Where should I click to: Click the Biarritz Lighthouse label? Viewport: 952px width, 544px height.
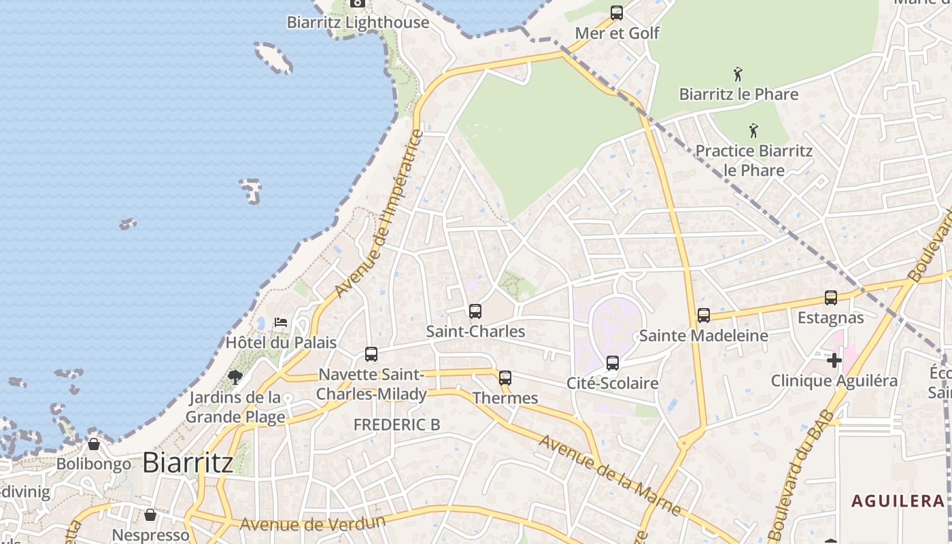(358, 22)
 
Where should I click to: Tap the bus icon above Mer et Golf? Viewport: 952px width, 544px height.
(617, 13)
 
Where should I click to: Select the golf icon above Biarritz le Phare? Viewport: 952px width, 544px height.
(738, 74)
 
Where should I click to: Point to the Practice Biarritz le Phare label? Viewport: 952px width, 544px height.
(753, 160)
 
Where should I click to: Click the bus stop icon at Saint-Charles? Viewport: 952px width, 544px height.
(475, 311)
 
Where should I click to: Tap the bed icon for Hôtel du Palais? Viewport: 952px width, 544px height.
(281, 322)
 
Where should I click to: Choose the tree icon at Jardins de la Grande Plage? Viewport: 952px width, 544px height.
(235, 377)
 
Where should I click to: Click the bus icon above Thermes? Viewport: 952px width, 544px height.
(505, 378)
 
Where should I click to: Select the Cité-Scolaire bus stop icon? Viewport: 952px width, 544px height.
(613, 363)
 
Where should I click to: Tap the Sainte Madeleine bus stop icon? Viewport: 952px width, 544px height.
(704, 316)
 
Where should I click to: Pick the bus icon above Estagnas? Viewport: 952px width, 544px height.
(830, 298)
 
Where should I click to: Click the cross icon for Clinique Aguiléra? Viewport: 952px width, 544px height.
(834, 360)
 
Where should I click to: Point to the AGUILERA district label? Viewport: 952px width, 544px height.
(898, 502)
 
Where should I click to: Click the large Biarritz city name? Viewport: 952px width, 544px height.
(188, 463)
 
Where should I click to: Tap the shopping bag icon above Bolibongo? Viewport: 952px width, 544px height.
(94, 444)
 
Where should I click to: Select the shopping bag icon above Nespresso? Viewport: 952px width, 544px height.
(150, 515)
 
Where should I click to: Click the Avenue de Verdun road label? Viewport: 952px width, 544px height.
(313, 524)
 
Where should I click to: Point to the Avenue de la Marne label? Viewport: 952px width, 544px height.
(610, 475)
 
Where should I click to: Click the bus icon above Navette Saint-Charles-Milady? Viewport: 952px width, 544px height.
(371, 354)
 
